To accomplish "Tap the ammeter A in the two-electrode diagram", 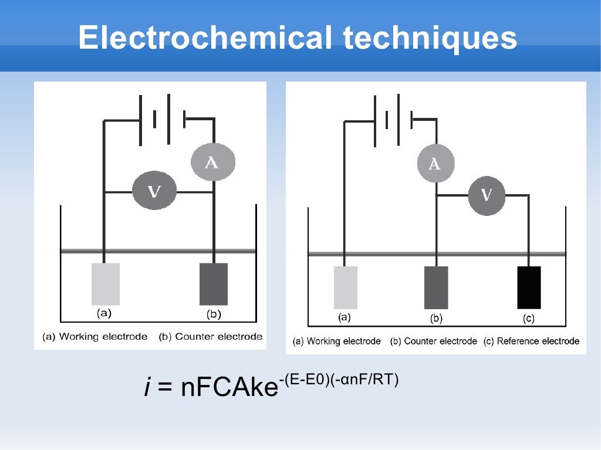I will [x=212, y=162].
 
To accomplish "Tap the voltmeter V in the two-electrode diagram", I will [x=154, y=191].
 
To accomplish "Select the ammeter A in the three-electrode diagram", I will [x=435, y=164].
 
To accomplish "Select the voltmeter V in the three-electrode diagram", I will [x=487, y=195].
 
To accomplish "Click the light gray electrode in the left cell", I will [x=106, y=284].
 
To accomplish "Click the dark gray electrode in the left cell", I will [x=214, y=284].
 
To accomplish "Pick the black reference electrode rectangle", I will [x=529, y=287].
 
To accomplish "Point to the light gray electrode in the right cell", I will [x=346, y=287].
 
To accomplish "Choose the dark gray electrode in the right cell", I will [x=436, y=287].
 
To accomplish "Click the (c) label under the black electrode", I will [x=529, y=319].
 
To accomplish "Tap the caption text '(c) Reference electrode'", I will [x=531, y=341].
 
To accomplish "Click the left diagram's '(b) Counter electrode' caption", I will [x=210, y=337].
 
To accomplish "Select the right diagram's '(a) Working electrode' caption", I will [x=337, y=341].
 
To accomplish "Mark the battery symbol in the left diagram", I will [x=163, y=119].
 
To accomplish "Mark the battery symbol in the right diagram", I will [x=393, y=120].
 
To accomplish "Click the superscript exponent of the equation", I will [x=339, y=379].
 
